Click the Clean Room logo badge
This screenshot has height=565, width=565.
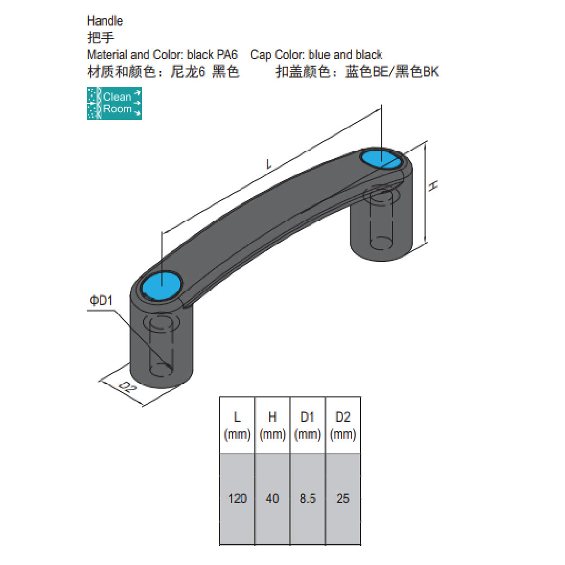[x=114, y=102]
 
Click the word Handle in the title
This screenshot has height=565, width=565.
[x=105, y=21]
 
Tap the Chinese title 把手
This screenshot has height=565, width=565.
[x=100, y=37]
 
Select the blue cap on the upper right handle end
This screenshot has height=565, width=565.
[x=381, y=159]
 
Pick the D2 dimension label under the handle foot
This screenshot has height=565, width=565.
[x=126, y=387]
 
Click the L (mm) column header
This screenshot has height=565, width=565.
[x=237, y=426]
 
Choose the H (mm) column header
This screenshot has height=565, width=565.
[x=272, y=426]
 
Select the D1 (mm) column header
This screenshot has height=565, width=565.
[x=307, y=426]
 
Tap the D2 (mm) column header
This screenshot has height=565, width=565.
[x=343, y=426]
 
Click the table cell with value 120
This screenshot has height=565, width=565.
[x=237, y=498]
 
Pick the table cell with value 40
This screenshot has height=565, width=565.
[x=272, y=498]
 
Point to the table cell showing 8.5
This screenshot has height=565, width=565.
[x=307, y=498]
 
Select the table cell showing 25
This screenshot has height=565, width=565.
[x=343, y=498]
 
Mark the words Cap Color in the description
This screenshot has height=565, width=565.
[x=277, y=55]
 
